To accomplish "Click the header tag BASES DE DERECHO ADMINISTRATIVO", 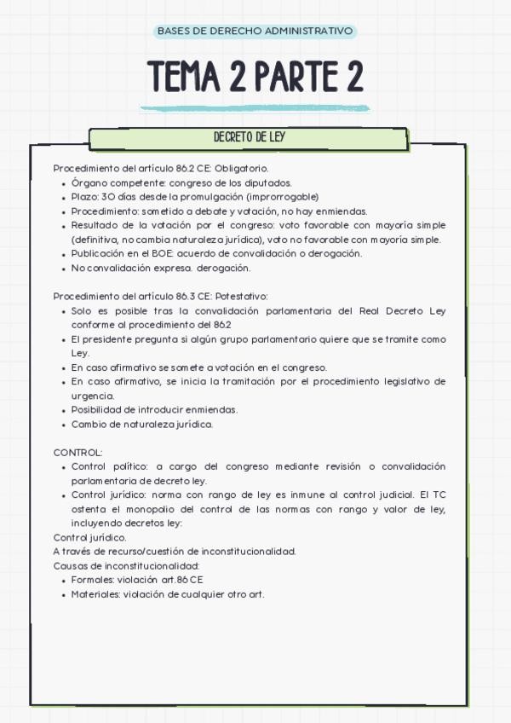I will click(255, 32).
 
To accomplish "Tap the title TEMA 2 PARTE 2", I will click(255, 76).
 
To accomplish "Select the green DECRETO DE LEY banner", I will click(249, 138).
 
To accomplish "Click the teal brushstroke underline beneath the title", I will click(255, 108).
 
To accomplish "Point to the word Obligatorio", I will click(243, 168).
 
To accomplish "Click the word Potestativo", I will click(243, 296).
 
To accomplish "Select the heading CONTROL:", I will click(78, 452).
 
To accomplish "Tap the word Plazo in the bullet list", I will click(84, 197).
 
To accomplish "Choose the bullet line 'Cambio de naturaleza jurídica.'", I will click(141, 424).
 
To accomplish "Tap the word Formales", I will click(92, 580).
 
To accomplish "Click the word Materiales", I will click(95, 594).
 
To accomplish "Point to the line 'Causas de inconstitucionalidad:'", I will click(126, 565).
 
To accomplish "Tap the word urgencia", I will click(92, 396).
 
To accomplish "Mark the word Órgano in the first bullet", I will click(87, 182).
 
